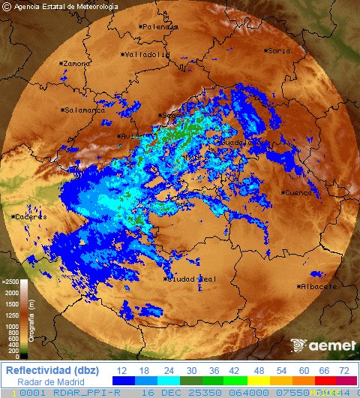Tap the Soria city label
279,50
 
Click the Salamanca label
85,110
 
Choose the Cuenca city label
299,193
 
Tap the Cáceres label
31,217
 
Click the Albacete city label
316,287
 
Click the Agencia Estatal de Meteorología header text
66,7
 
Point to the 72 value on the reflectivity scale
344,371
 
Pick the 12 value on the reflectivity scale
121,371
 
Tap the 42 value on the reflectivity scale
233,371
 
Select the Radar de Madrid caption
49,381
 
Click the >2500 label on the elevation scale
10,282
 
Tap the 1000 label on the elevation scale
12,327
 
